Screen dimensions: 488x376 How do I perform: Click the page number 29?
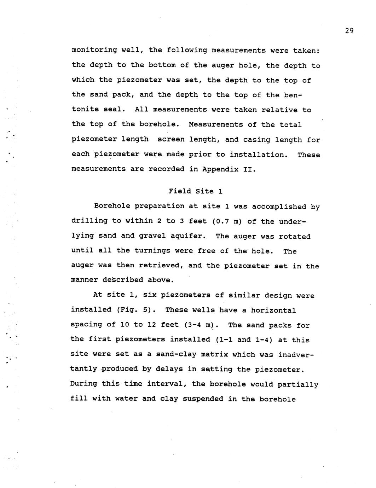click(349, 31)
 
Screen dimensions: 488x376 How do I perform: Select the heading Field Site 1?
click(196, 191)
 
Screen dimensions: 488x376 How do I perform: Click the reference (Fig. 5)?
click(136, 310)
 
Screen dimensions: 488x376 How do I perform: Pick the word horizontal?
click(273, 310)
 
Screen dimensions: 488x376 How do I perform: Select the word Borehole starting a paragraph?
click(112, 206)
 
